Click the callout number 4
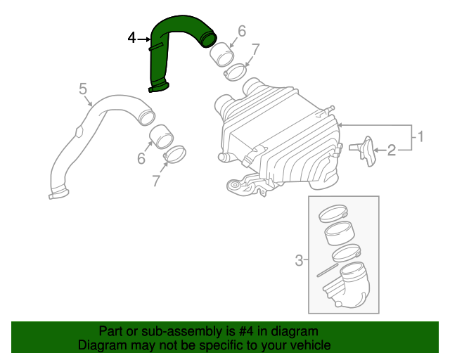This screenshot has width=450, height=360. point(132,39)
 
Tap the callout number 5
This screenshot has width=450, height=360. point(83,89)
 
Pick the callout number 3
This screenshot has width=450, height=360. point(299,261)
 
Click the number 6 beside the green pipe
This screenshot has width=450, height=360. point(242,31)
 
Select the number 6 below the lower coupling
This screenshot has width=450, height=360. point(141,160)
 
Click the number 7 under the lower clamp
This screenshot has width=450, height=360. point(157,181)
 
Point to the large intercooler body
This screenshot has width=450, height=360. point(281,134)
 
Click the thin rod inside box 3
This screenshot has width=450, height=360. point(328,269)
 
